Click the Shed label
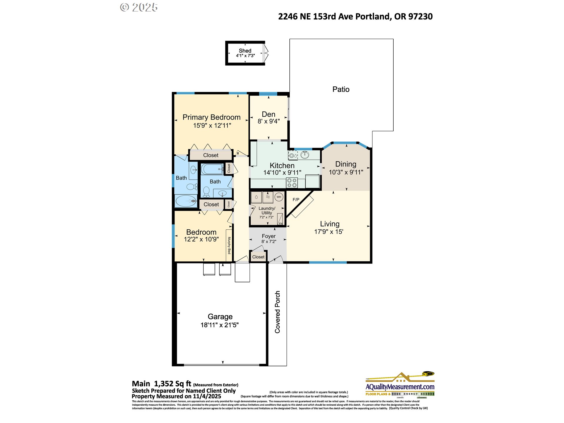pyautogui.click(x=245, y=51)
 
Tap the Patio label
pyautogui.click(x=341, y=89)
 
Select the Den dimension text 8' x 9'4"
pyautogui.click(x=268, y=121)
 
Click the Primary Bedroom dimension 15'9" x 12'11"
pyautogui.click(x=212, y=125)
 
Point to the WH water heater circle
pyautogui.click(x=279, y=197)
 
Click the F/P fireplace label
pyautogui.click(x=296, y=200)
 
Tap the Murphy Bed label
pyautogui.click(x=229, y=245)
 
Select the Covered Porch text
pyautogui.click(x=277, y=312)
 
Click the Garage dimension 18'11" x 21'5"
pyautogui.click(x=219, y=325)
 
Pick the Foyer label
pyautogui.click(x=268, y=236)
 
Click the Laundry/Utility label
pyautogui.click(x=267, y=210)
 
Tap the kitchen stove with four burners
pyautogui.click(x=292, y=183)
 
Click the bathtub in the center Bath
pyautogui.click(x=212, y=169)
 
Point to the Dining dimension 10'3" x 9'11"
pyautogui.click(x=346, y=172)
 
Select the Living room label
pyautogui.click(x=330, y=224)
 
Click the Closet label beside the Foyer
pyautogui.click(x=258, y=257)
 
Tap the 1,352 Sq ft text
pyautogui.click(x=172, y=384)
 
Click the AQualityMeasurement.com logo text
pyautogui.click(x=400, y=387)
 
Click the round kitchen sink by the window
pyautogui.click(x=305, y=155)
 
